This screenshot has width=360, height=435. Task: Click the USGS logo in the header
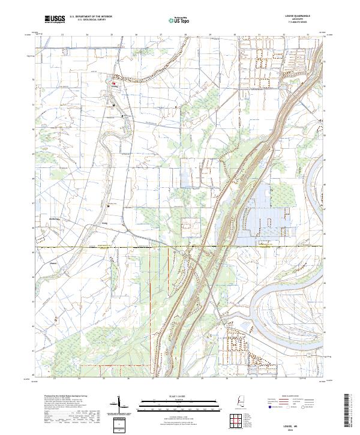pos(55,20)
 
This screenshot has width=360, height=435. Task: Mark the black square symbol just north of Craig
pos(108,206)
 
